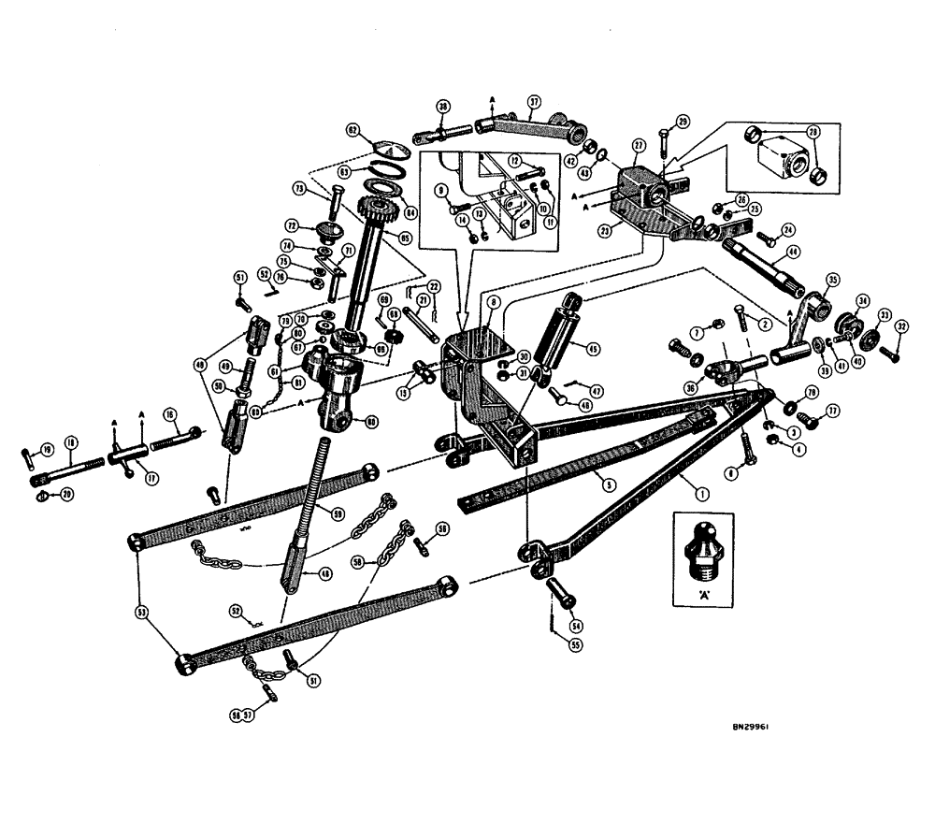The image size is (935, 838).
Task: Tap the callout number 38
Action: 442,106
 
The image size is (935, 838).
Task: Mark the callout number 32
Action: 900,327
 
